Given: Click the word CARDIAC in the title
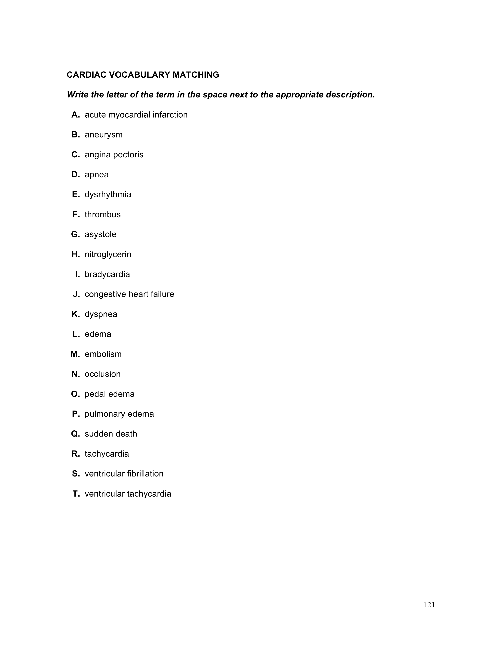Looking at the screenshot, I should tap(86, 75).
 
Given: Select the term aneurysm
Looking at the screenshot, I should tap(104, 135).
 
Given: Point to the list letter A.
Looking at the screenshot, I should tap(75, 115).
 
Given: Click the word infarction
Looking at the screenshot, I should tap(170, 115).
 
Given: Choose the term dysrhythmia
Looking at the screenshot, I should tap(108, 195).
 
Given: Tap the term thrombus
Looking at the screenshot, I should tap(103, 214).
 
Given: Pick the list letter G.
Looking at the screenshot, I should tap(75, 235).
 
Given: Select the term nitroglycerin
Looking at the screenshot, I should tap(108, 254).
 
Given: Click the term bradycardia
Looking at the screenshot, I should tap(107, 274).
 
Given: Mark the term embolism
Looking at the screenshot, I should tap(103, 354).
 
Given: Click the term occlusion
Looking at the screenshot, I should tap(103, 374).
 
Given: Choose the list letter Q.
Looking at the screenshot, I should tap(75, 434).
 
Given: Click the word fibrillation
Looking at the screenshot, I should tap(145, 474).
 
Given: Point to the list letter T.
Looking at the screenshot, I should tap(76, 494).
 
